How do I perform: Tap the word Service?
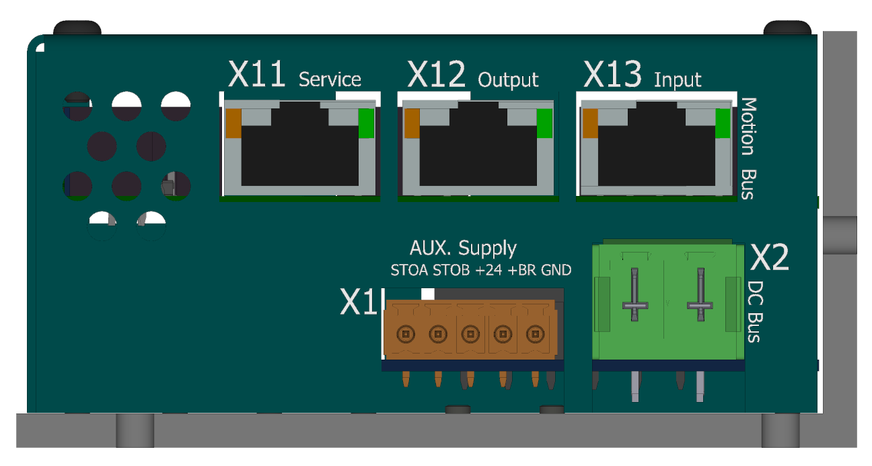click(330, 79)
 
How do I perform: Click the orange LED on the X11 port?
click(233, 123)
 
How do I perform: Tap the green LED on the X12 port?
click(544, 123)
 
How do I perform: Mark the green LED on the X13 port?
click(723, 123)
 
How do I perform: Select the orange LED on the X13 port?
click(590, 123)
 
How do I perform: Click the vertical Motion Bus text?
click(749, 148)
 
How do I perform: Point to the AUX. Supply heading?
click(463, 248)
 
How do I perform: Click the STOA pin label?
click(409, 270)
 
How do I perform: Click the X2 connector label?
click(769, 257)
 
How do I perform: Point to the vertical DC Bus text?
click(755, 312)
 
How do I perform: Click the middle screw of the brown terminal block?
click(470, 334)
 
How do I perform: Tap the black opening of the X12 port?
click(478, 148)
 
